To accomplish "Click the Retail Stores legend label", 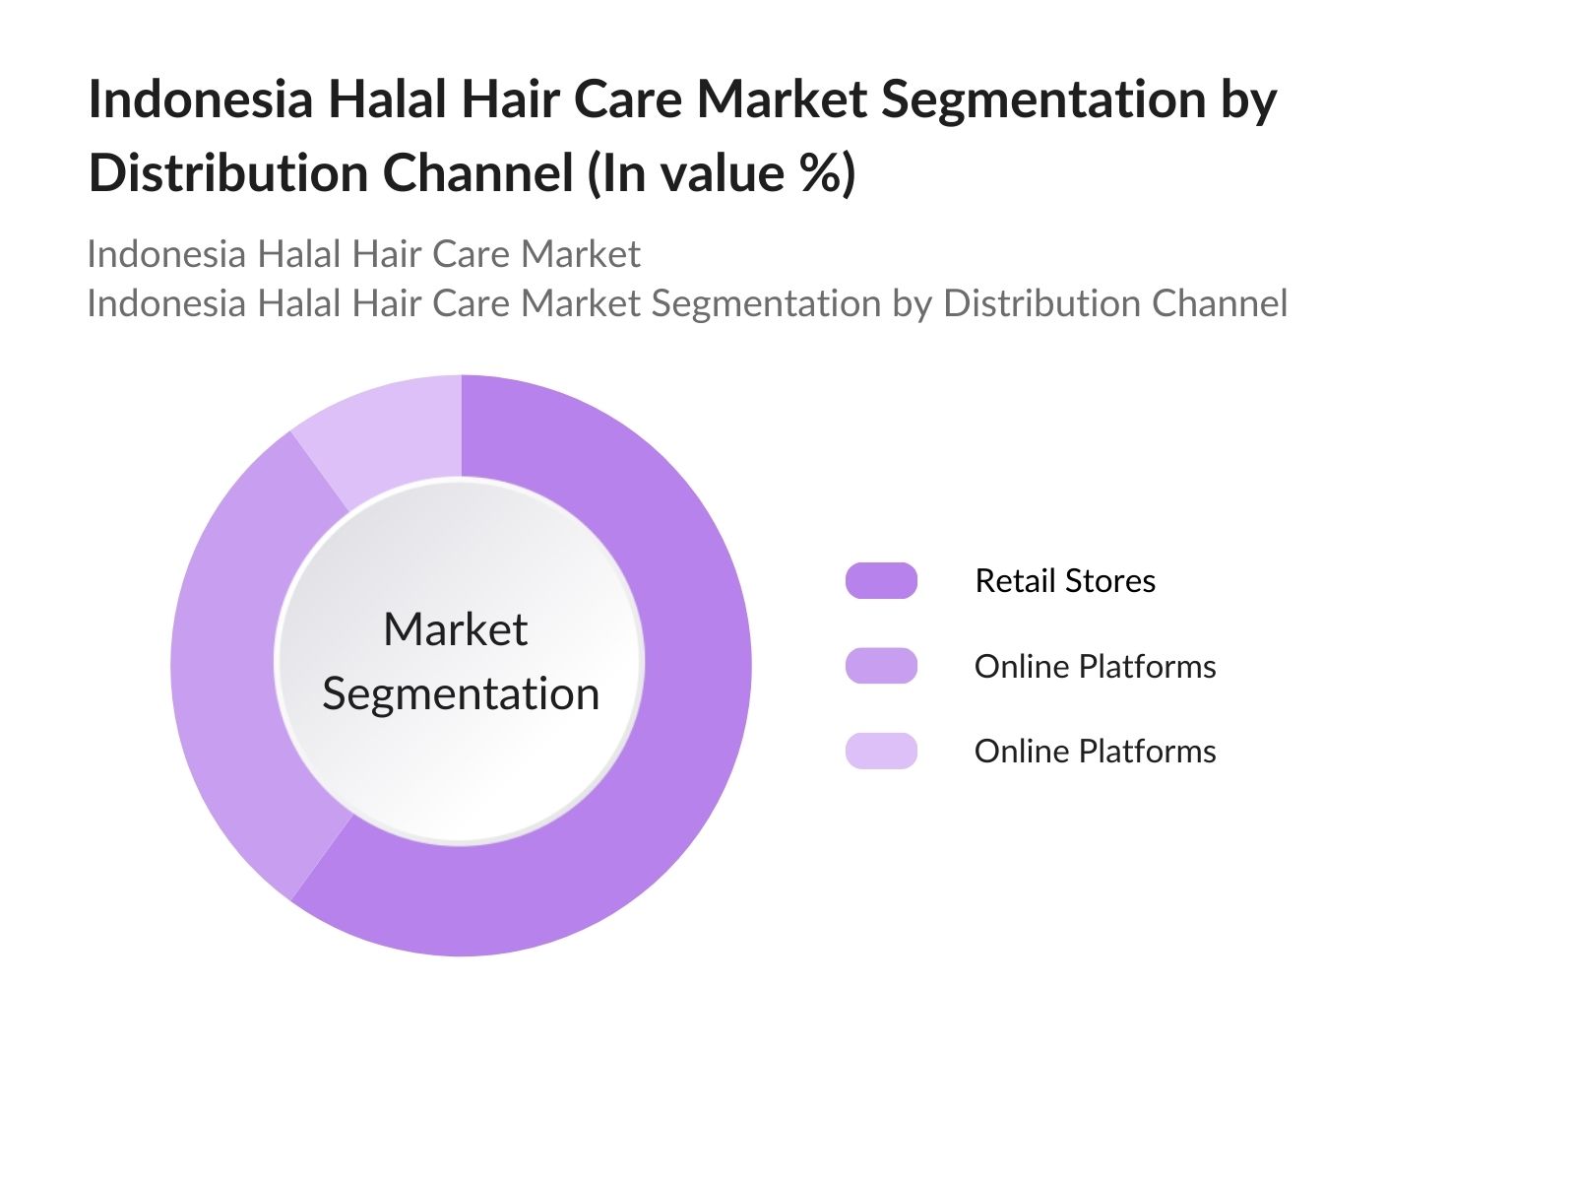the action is pos(1065,580).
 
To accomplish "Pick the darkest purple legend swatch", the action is pos(881,580).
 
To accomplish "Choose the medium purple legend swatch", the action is pos(881,666).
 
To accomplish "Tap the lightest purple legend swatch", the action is pos(881,751).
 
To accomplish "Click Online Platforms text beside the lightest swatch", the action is pos(1095,752).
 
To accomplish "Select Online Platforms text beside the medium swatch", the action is pos(1095,667).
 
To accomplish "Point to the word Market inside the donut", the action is pos(456,629).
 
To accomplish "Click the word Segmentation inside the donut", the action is pos(461,694).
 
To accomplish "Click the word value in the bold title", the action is pos(723,173).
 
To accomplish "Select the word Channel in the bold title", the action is pos(478,173).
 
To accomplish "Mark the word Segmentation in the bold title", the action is pos(1043,99).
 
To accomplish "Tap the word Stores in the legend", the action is pos(1110,580).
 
